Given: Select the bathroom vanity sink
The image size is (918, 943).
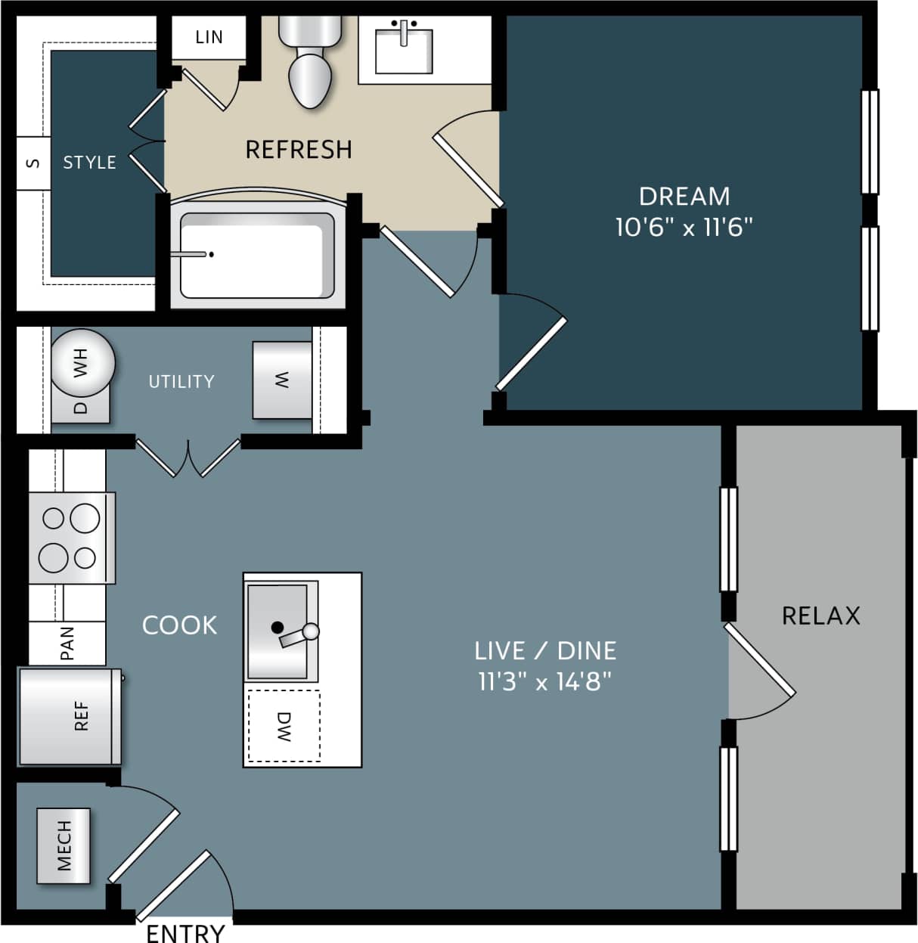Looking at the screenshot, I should [x=404, y=51].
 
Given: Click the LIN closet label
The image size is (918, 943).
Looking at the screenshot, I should [x=209, y=37].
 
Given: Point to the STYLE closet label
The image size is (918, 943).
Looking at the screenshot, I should [x=89, y=163].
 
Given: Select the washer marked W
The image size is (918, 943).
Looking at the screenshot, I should [x=282, y=380].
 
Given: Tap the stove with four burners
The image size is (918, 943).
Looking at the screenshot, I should [x=72, y=538].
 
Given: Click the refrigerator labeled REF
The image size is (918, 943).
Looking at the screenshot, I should [x=70, y=716].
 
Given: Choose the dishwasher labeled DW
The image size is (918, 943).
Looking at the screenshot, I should [x=284, y=726].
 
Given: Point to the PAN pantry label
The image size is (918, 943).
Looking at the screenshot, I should [x=67, y=644].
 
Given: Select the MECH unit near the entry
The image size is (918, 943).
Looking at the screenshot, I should [x=64, y=845].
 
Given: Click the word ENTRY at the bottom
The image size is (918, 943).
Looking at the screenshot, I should [x=185, y=933].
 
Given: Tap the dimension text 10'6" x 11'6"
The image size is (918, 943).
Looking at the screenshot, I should [x=684, y=227].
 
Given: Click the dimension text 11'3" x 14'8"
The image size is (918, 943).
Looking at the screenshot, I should [x=544, y=682].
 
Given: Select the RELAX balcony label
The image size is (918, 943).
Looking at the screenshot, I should [x=820, y=616].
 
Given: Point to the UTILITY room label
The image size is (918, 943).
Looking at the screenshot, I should [x=181, y=381].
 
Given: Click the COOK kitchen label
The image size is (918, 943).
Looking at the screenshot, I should [x=180, y=625].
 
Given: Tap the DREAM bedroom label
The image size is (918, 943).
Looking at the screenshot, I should [x=684, y=197].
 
